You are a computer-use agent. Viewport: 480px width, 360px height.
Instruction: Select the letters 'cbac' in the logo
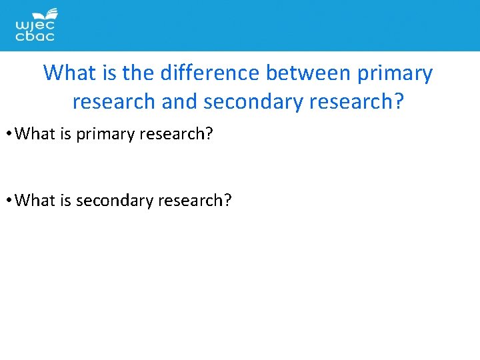[35, 37]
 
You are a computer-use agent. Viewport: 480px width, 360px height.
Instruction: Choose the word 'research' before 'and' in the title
[113, 102]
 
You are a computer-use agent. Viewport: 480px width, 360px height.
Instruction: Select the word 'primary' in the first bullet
[103, 134]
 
